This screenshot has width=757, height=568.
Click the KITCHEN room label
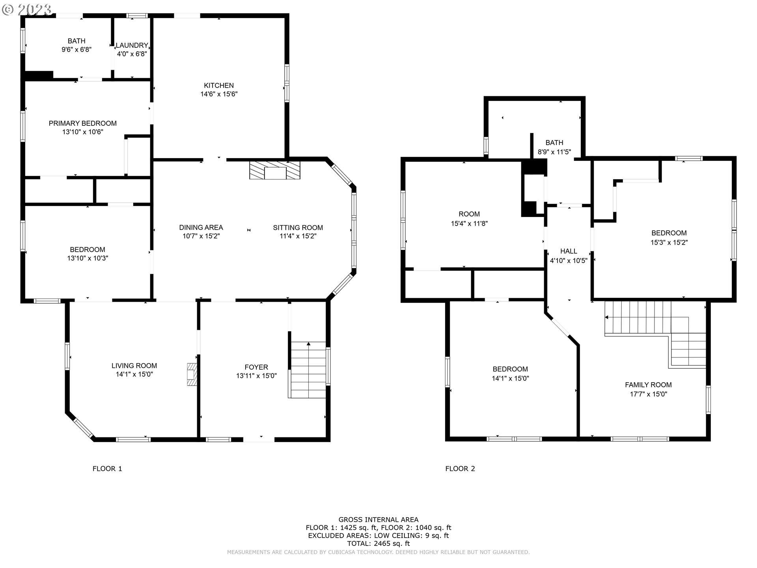click(x=219, y=86)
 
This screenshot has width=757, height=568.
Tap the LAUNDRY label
click(x=132, y=45)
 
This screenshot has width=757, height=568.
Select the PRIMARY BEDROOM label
click(x=83, y=123)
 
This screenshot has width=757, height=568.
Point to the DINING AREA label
click(x=201, y=228)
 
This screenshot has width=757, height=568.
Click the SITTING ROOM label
click(x=298, y=228)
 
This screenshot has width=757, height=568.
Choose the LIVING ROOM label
click(x=134, y=366)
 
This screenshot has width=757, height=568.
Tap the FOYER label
click(x=256, y=367)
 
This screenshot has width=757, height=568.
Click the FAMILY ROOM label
click(x=648, y=385)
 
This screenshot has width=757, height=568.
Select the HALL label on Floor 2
click(x=569, y=251)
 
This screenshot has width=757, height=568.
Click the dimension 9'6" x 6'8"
click(x=76, y=50)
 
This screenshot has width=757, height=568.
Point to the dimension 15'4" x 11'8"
click(x=469, y=223)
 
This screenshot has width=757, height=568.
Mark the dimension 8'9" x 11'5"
click(x=554, y=151)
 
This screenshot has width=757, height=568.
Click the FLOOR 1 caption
click(x=107, y=469)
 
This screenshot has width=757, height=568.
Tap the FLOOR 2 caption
click(x=460, y=469)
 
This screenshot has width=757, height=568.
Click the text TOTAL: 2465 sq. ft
click(x=378, y=544)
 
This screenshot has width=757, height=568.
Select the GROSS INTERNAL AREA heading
click(x=378, y=520)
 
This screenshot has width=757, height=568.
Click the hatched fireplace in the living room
click(x=192, y=374)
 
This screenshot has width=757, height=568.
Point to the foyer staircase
click(x=308, y=370)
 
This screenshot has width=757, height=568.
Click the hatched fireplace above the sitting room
click(x=275, y=170)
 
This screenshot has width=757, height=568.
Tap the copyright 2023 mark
click(x=27, y=9)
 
